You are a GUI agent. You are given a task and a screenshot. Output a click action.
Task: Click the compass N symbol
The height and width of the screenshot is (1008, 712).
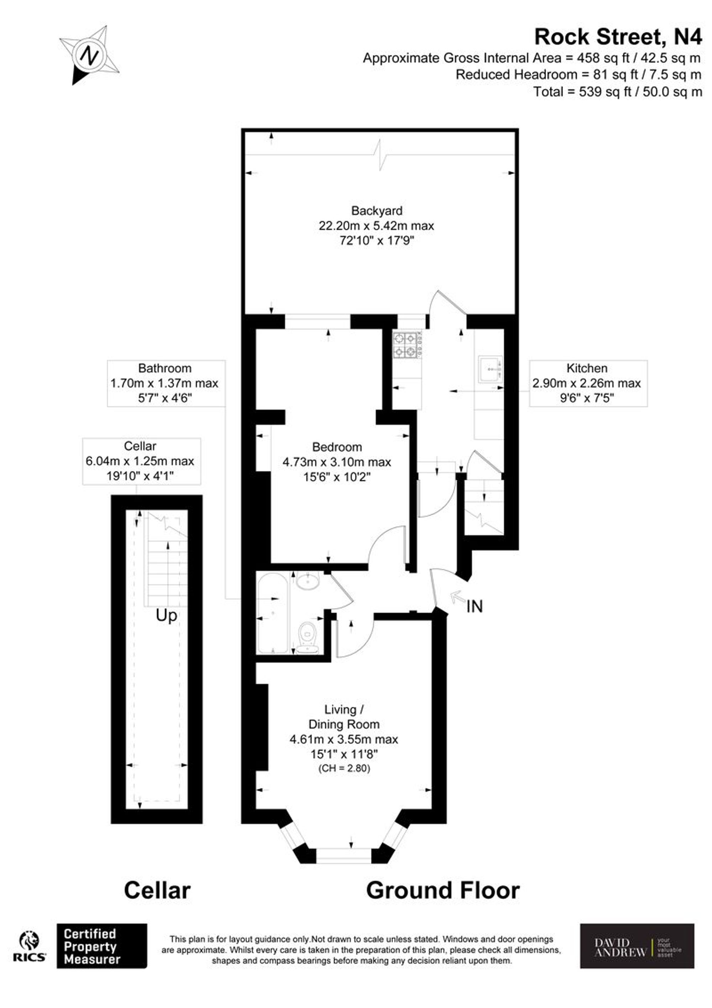[x=90, y=56]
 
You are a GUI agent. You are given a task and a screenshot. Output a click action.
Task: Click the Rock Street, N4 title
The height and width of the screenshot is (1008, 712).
[x=618, y=37]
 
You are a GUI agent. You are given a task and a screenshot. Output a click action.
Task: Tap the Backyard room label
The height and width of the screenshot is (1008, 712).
[x=376, y=211]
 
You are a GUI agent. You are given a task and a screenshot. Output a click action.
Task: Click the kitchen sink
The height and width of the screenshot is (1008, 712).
[x=489, y=369]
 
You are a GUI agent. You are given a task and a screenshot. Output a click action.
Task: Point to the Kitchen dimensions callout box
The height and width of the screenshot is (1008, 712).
[x=588, y=383]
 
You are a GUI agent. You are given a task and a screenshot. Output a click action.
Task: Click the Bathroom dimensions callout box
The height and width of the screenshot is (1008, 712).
[x=166, y=383]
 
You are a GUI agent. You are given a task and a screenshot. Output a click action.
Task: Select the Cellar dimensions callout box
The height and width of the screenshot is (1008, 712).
[x=141, y=461]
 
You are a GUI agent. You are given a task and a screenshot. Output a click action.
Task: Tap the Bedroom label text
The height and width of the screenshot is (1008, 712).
[x=337, y=447]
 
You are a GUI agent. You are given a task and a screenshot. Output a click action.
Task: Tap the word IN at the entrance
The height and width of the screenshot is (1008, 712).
[x=474, y=607]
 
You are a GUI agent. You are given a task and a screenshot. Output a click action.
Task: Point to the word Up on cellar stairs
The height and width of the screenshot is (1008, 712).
[x=166, y=616]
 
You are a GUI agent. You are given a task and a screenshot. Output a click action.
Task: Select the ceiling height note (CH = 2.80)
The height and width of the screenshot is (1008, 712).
[x=344, y=769]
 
